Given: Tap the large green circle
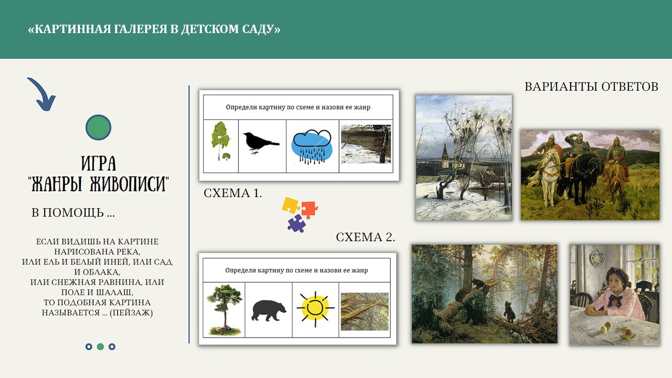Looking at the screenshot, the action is click(98, 127).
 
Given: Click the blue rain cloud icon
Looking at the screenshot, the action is click(312, 147).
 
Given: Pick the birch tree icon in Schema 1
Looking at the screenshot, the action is click(220, 140).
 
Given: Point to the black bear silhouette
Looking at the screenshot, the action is click(268, 310).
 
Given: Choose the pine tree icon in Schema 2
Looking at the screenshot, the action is click(224, 310).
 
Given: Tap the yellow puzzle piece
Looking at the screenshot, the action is click(290, 205).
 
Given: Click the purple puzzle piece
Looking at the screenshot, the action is click(297, 224).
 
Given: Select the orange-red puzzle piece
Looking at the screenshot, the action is click(309, 209).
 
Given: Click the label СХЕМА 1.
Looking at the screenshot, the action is click(233, 193).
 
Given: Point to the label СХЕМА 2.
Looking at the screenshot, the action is click(365, 237).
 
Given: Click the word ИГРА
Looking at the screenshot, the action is click(98, 163).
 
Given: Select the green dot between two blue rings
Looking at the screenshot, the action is click(100, 346).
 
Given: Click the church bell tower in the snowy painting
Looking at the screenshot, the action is click(445, 155).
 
